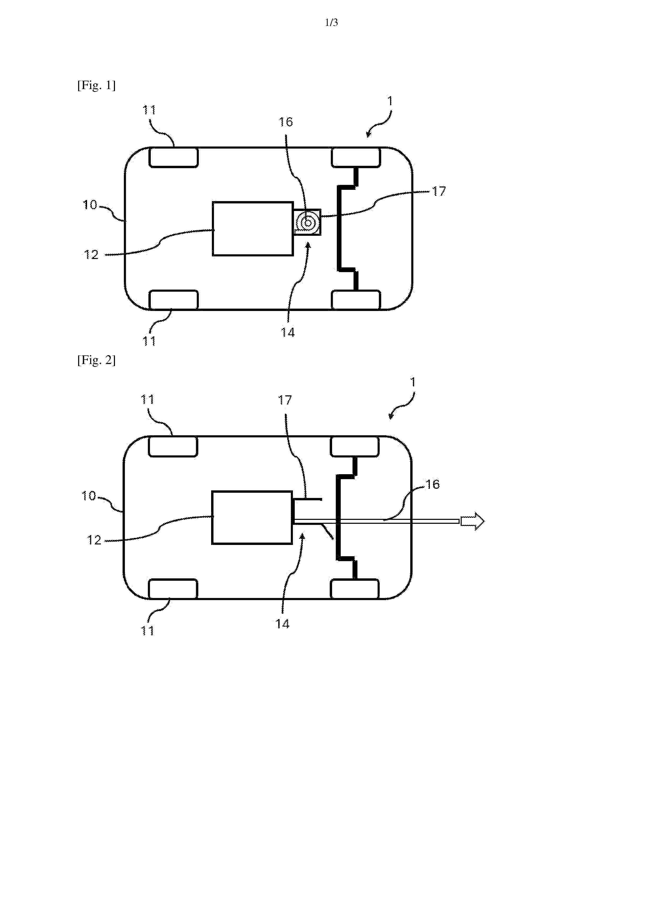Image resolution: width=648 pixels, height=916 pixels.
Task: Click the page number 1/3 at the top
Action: tap(331, 23)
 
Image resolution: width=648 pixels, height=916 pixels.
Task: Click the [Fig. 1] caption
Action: tap(96, 85)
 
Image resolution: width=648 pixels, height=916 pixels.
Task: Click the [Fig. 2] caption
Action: tap(96, 360)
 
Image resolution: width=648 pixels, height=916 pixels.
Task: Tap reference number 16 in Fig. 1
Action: tap(286, 122)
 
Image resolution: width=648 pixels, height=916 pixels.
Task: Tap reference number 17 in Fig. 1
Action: tap(439, 191)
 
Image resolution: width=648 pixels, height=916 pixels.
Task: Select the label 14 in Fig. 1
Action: tap(287, 332)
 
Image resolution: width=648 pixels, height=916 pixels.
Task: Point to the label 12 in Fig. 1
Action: tap(91, 255)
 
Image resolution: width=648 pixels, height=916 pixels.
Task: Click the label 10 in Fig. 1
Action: tap(90, 205)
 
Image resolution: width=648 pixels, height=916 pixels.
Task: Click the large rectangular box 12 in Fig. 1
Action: tap(253, 228)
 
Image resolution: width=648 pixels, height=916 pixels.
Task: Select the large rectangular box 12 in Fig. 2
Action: tap(252, 518)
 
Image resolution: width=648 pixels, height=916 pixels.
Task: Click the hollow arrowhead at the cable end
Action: tap(473, 521)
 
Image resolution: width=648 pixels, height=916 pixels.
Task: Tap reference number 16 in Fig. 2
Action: tap(432, 484)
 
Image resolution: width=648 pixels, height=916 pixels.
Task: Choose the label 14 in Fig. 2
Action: tap(282, 624)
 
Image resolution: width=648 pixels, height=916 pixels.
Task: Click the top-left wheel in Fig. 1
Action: tap(173, 157)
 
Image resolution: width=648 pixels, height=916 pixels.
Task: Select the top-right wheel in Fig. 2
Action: tap(355, 447)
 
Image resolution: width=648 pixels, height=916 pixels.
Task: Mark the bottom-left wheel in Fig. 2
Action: tap(173, 589)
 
